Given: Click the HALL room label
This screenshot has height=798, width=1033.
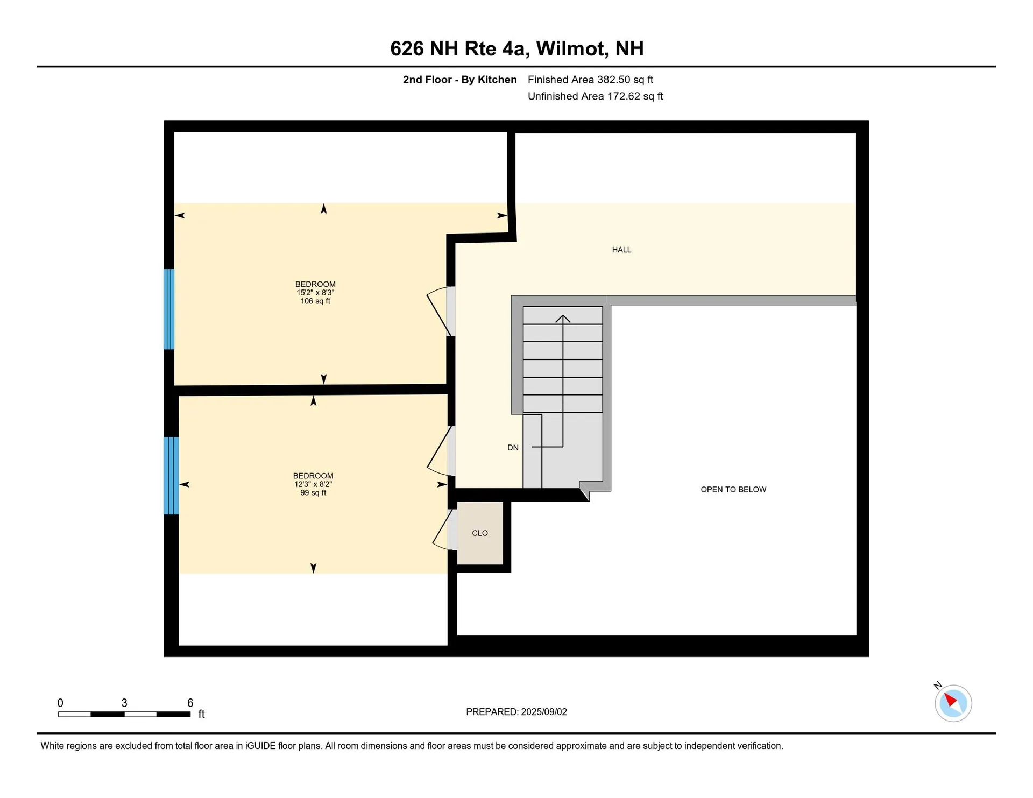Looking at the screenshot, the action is tap(621, 250).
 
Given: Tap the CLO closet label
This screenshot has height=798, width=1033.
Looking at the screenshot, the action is tap(480, 533).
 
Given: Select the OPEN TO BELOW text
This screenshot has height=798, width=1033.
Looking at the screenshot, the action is tap(733, 490).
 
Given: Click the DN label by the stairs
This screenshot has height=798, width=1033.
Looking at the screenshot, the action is tap(513, 448).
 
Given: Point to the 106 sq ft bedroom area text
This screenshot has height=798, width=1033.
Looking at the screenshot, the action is tap(315, 301).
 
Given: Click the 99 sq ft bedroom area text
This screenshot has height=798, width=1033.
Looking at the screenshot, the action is tap(313, 493).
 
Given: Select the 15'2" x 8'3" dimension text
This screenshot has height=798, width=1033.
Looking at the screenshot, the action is tap(315, 293).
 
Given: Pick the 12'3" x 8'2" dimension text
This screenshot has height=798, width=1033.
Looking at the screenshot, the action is tap(313, 484).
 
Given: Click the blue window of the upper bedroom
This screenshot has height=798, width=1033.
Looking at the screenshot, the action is tap(169, 309).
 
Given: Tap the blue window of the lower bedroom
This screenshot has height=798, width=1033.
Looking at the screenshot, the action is tap(171, 476).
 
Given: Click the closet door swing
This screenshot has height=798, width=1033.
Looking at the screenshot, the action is tap(442, 531).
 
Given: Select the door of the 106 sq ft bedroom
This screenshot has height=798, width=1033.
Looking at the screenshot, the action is tap(439, 312).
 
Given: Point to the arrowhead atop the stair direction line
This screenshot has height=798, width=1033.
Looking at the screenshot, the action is tap(563, 318).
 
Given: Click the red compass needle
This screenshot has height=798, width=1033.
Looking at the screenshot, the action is tap(951, 700).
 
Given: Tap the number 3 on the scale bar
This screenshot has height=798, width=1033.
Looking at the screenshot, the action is tap(124, 703).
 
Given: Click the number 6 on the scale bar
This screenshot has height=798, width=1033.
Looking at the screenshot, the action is tap(190, 703).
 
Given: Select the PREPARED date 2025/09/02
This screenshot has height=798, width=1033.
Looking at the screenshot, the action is tap(544, 712).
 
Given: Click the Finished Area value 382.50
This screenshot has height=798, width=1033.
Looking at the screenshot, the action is tap(614, 80).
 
